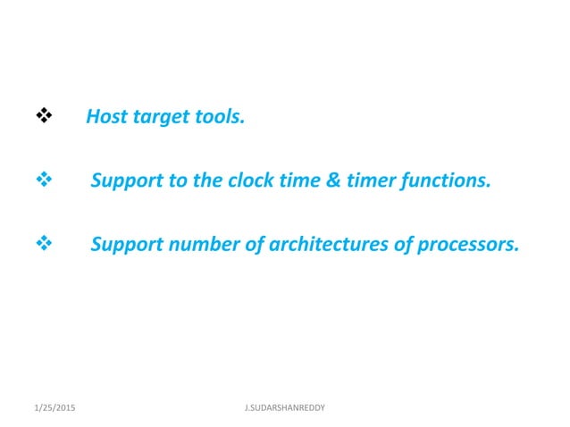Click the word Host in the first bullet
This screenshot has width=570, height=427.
[x=107, y=117]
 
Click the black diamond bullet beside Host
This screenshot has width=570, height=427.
[x=41, y=116]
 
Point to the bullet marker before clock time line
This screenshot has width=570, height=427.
[x=41, y=180]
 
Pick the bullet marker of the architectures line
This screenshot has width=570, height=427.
[x=41, y=241]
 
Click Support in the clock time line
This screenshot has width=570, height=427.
[x=126, y=180]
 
